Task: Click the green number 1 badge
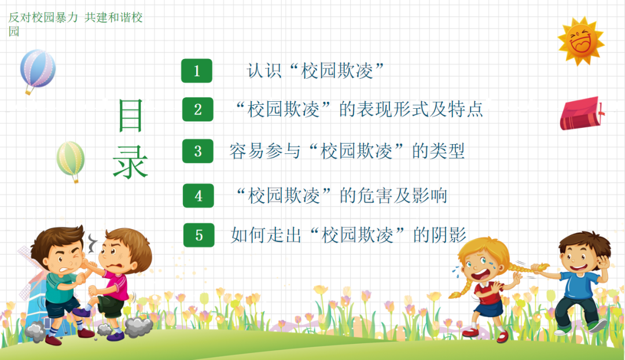(x=197, y=71)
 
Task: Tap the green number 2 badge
(x=198, y=109)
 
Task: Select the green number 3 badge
(x=198, y=151)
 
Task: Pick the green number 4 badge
(x=198, y=196)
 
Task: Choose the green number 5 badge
(x=199, y=235)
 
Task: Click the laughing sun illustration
(x=581, y=41)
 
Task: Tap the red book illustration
(x=582, y=113)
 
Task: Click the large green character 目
(x=131, y=116)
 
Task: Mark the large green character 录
(x=131, y=161)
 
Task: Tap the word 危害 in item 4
(x=375, y=196)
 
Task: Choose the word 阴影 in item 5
(x=448, y=235)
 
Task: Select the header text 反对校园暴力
(x=43, y=17)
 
